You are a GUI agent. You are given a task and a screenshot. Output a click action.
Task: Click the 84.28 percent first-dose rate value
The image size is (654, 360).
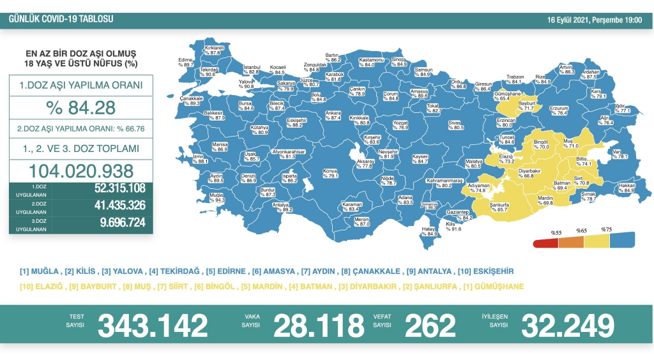(80, 106)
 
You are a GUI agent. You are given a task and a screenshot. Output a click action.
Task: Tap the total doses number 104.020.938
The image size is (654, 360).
(80, 171)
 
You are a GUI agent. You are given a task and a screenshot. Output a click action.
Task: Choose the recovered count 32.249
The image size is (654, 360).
(568, 326)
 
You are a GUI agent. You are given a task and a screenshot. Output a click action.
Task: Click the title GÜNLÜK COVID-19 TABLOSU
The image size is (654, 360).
(61, 19)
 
